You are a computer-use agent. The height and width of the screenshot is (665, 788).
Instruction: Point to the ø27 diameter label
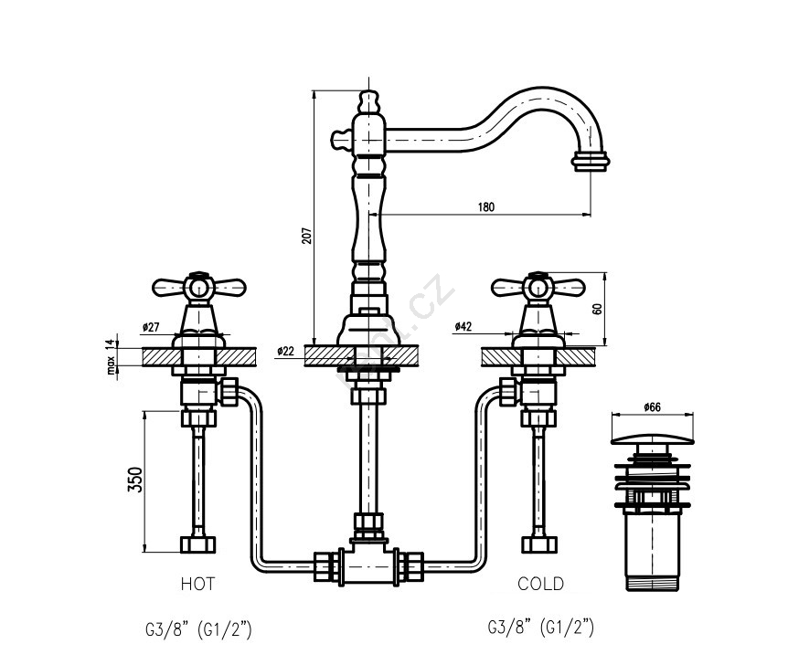point(152,327)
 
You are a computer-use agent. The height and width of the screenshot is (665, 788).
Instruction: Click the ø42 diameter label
point(463,327)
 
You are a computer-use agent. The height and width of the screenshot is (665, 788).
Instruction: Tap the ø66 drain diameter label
point(651,406)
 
